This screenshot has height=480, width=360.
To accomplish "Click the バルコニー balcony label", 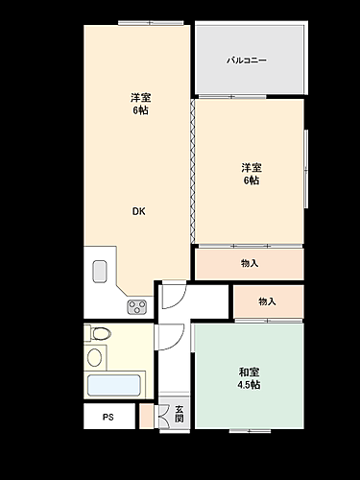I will (x=247, y=60).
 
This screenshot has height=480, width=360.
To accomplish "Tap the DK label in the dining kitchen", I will (x=139, y=212).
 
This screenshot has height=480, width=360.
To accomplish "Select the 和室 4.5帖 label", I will (x=250, y=378).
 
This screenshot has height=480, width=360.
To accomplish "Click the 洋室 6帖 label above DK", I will (x=139, y=104).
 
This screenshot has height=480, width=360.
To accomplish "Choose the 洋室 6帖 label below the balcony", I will (x=251, y=174).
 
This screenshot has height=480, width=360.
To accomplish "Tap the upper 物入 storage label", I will (x=250, y=263).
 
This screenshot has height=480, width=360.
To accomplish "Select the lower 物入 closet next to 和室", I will (x=267, y=301).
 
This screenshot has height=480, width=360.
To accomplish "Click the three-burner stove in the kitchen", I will (x=136, y=306).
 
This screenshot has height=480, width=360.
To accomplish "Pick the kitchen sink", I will (x=99, y=272).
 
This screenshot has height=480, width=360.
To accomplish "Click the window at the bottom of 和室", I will (x=249, y=428).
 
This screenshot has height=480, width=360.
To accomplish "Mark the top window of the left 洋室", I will (x=137, y=22).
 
